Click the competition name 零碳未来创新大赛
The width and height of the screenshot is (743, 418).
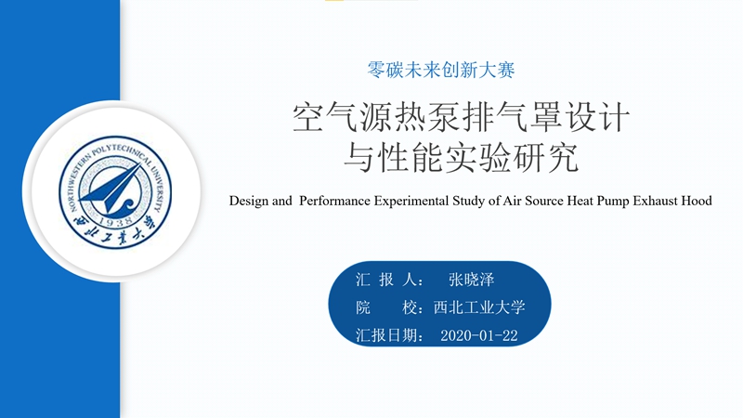tap(440, 71)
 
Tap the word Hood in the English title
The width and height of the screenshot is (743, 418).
tap(697, 201)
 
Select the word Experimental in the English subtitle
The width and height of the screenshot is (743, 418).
tap(411, 202)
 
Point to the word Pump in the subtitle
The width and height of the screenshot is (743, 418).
tap(613, 202)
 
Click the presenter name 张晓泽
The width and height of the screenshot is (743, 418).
tap(472, 280)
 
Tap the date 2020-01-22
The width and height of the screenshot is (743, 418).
tap(479, 335)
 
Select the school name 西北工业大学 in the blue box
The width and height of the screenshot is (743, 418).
tap(479, 307)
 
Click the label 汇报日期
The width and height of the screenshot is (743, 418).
tap(386, 335)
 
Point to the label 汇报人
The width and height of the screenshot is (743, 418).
tap(386, 280)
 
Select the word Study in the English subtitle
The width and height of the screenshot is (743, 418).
tap(469, 202)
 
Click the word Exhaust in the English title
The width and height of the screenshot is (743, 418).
tap(656, 201)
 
